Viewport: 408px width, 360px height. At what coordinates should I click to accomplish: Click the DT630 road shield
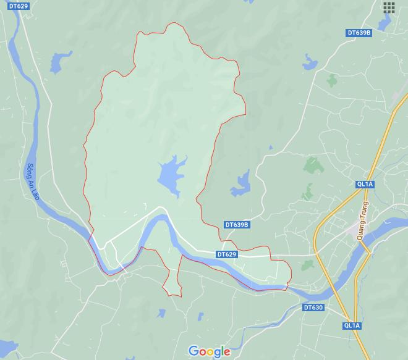click(x=313, y=307)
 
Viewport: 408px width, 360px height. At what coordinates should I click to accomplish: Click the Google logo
click(x=210, y=352)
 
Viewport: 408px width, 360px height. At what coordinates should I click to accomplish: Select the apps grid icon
click(x=389, y=7)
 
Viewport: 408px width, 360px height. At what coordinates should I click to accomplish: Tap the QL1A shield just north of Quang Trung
click(x=365, y=184)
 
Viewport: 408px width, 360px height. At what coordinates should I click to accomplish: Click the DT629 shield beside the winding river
click(x=227, y=254)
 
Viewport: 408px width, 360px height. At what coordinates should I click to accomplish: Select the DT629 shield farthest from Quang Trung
click(x=19, y=6)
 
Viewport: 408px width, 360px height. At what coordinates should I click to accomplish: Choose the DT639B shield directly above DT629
click(x=236, y=225)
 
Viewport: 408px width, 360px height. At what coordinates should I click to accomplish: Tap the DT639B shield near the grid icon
click(x=359, y=32)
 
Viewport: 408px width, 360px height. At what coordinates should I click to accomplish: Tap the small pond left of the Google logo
click(x=199, y=317)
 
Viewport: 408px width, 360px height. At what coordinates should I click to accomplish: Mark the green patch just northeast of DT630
click(x=307, y=266)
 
